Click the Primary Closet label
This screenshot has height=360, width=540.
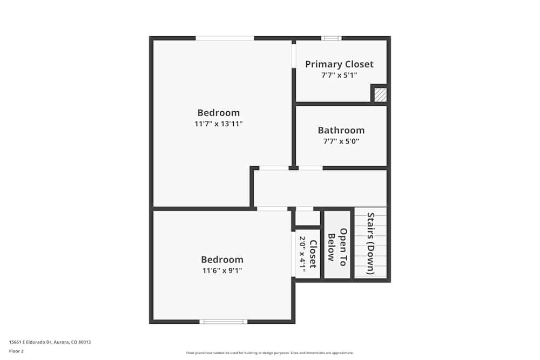click(339, 64)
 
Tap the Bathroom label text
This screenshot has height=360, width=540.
click(341, 131)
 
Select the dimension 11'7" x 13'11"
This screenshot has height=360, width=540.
click(218, 124)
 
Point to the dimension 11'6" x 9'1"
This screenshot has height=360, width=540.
click(222, 270)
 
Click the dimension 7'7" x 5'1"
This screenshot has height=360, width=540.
click(339, 76)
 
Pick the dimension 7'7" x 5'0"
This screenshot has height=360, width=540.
click(341, 141)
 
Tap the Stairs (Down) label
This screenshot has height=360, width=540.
click(370, 243)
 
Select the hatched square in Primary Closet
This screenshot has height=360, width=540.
click(381, 95)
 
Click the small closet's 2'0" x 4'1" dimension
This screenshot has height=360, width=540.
click(302, 253)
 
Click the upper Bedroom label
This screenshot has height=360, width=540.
click(218, 113)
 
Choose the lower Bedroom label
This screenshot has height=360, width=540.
click(222, 260)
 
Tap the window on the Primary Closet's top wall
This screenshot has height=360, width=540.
click(331, 38)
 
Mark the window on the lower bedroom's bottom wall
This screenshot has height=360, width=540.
click(223, 322)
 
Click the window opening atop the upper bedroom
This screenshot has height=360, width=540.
click(225, 38)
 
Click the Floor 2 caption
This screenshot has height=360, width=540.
click(17, 351)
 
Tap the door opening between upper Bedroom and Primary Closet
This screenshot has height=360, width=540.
click(294, 55)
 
